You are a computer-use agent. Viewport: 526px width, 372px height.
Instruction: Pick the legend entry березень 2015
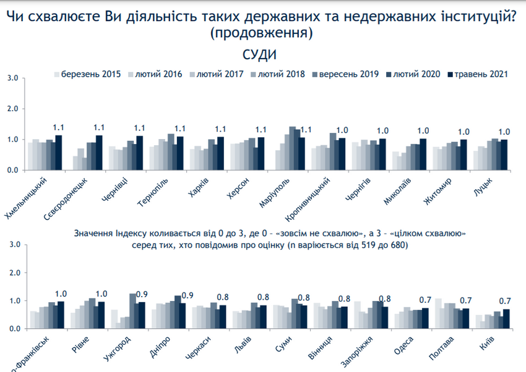(x=90, y=75)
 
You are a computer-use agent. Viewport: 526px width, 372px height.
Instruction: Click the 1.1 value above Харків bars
(x=220, y=129)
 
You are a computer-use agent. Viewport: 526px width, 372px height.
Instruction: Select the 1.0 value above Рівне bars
(x=101, y=294)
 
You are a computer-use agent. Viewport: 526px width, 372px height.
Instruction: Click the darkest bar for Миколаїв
(x=423, y=154)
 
